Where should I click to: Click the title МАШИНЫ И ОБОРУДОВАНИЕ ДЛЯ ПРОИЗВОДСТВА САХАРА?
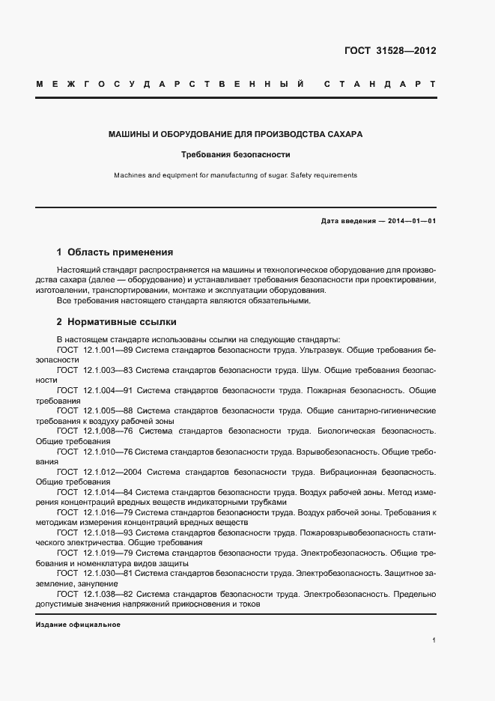tap(236, 135)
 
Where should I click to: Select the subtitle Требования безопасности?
tap(236, 155)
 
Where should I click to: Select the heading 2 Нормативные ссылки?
tap(117, 322)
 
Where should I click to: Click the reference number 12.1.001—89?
tap(109, 350)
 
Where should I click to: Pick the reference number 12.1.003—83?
tap(109, 370)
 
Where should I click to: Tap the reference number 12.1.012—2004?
tap(112, 472)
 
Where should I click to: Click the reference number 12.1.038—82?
tap(109, 594)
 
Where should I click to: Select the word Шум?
tap(310, 370)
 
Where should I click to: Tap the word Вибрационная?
tap(350, 472)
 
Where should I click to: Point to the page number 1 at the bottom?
tap(434, 640)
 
